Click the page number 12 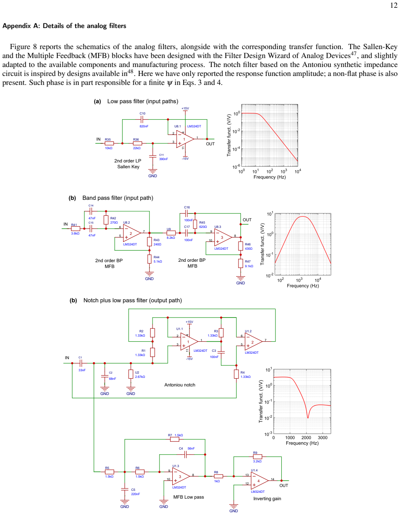click(394, 5)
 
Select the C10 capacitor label click(142, 113)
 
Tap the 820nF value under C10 click(144, 126)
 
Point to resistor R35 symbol click(109, 143)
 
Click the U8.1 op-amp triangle click(184, 139)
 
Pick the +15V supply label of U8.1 click(185, 108)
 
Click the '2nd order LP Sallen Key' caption click(128, 164)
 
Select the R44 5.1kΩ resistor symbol click(149, 259)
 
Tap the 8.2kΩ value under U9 click(171, 238)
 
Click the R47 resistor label click(247, 261)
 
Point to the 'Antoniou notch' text click(180, 385)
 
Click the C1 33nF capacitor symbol click(81, 363)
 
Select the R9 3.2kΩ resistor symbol click(258, 457)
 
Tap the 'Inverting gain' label click(267, 499)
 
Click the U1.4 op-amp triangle click(260, 481)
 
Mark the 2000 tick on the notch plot click(306, 438)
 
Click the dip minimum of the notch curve click(308, 418)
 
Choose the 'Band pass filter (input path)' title click(118, 198)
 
